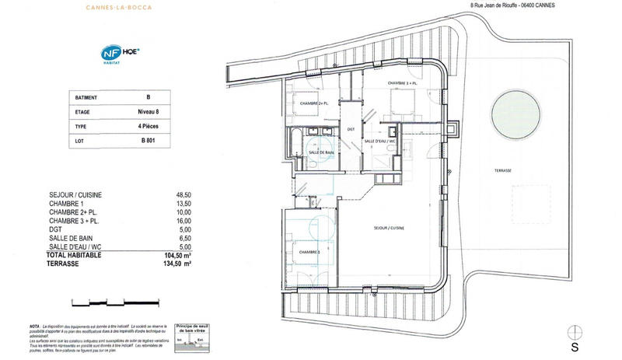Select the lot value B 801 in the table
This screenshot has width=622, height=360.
pyautogui.click(x=148, y=141)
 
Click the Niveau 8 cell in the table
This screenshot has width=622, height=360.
pyautogui.click(x=148, y=112)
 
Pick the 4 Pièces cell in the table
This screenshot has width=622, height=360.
pyautogui.click(x=148, y=126)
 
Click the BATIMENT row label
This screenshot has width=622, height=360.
pyautogui.click(x=87, y=98)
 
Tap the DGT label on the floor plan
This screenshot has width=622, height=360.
pyautogui.click(x=351, y=129)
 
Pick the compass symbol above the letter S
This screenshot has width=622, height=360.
pyautogui.click(x=575, y=328)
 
